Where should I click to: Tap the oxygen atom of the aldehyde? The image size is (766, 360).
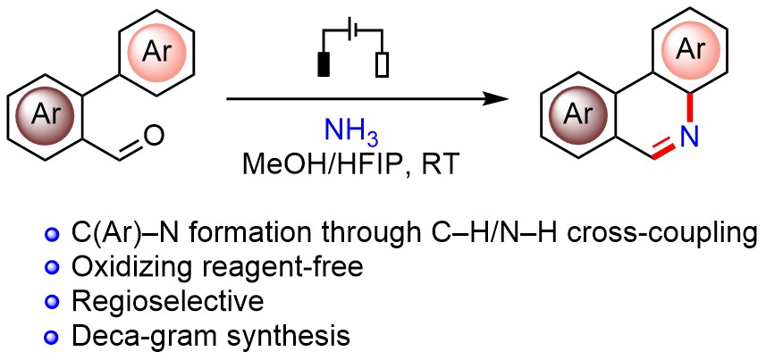153,137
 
